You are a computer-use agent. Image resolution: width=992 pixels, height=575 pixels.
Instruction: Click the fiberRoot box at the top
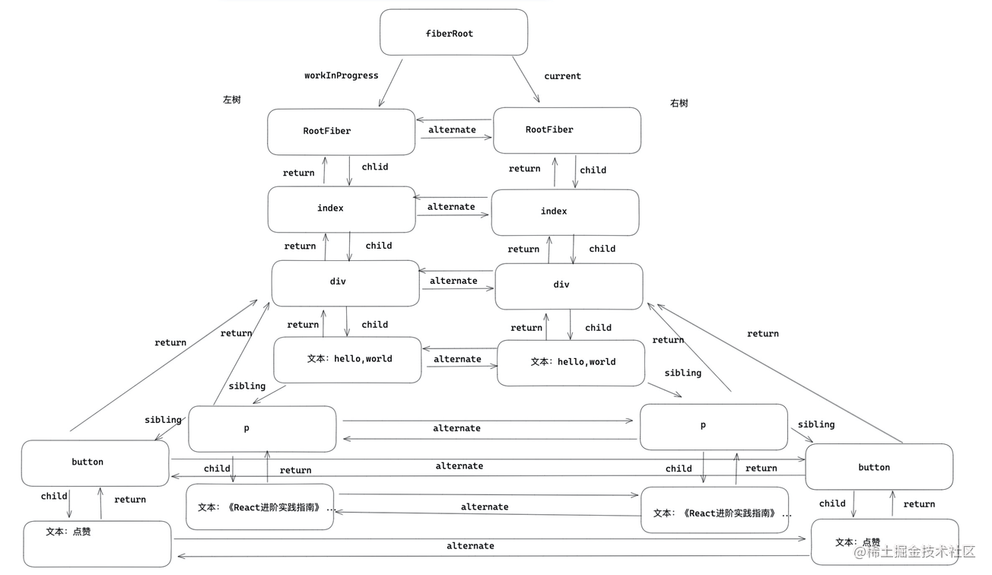[x=453, y=33]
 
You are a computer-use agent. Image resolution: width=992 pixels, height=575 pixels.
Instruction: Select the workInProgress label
[x=341, y=75]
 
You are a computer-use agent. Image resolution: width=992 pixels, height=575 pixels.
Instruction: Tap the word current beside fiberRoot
[x=562, y=76]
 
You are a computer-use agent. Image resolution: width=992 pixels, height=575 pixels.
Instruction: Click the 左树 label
[x=231, y=100]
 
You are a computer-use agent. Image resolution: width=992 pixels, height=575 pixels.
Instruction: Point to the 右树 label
[x=679, y=103]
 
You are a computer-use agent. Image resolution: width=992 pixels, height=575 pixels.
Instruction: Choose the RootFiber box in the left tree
[x=341, y=132]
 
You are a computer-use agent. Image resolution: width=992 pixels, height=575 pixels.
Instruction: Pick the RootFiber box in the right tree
[x=567, y=130]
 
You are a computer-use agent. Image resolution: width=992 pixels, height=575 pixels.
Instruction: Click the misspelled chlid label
[x=374, y=167]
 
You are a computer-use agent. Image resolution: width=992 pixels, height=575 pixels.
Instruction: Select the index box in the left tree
[x=341, y=209]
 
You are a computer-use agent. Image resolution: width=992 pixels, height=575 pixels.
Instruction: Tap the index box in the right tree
[x=564, y=212]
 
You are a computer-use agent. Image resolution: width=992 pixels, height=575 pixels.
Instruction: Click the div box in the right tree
[x=568, y=286]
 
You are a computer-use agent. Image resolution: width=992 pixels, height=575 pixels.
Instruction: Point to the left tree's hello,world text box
[x=347, y=360]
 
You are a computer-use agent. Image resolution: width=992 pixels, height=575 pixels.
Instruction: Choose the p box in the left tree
[x=262, y=429]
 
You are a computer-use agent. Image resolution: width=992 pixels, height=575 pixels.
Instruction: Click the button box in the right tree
[x=879, y=467]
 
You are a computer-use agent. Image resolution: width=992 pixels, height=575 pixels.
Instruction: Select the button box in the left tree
[x=94, y=462]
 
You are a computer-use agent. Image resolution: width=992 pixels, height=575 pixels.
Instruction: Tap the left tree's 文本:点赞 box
[x=97, y=543]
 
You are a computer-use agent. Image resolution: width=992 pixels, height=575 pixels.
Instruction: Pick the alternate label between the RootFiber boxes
[x=452, y=130]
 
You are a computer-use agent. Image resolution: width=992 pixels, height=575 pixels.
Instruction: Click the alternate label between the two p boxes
[x=456, y=428]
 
